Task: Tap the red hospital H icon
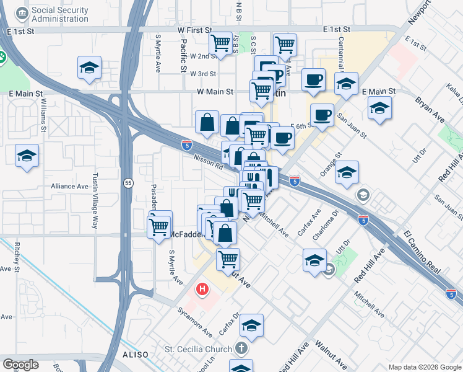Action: [x=202, y=289]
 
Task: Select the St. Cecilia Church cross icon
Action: [x=241, y=349]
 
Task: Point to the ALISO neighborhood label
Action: [x=135, y=355]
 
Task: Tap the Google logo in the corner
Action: [x=20, y=364]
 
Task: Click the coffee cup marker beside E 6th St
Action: [x=322, y=115]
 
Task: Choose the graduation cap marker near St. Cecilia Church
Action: [x=252, y=325]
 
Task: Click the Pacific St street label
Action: [x=184, y=56]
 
